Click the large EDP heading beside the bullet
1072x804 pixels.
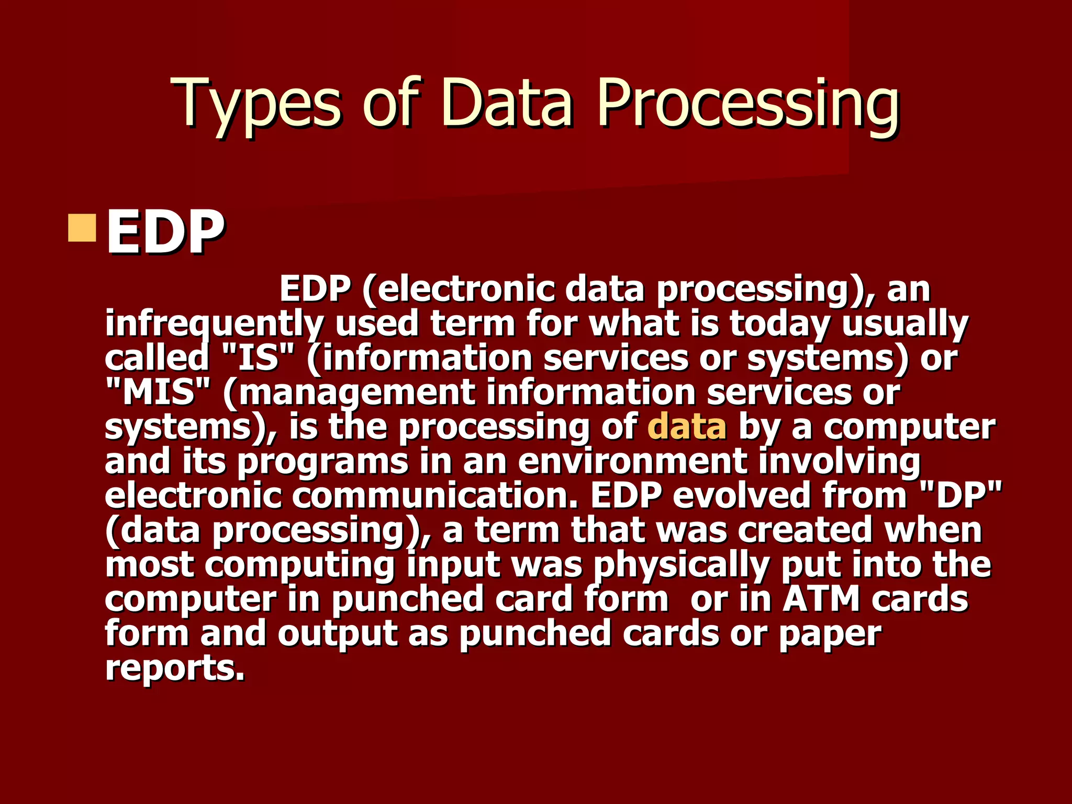165,232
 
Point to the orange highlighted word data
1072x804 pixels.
687,427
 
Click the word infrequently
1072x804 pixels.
215,324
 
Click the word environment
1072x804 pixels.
632,461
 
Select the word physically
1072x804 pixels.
682,565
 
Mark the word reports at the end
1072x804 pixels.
175,668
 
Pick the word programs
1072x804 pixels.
322,462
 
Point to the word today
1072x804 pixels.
779,324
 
